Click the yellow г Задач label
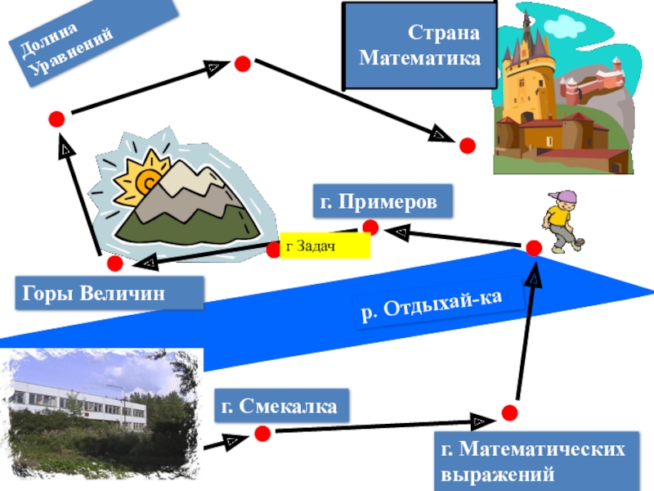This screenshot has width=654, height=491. click(x=325, y=245)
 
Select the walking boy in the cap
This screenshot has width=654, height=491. click(x=560, y=221)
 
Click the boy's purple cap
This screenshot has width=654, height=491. click(x=565, y=198)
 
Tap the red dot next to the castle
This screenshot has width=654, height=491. click(x=467, y=146)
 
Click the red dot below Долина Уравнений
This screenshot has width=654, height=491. click(x=56, y=119)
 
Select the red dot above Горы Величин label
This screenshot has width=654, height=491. click(x=114, y=264)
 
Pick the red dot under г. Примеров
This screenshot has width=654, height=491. click(x=370, y=227)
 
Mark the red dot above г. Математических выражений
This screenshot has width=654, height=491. click(x=509, y=412)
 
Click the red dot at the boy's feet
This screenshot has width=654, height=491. click(x=534, y=248)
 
